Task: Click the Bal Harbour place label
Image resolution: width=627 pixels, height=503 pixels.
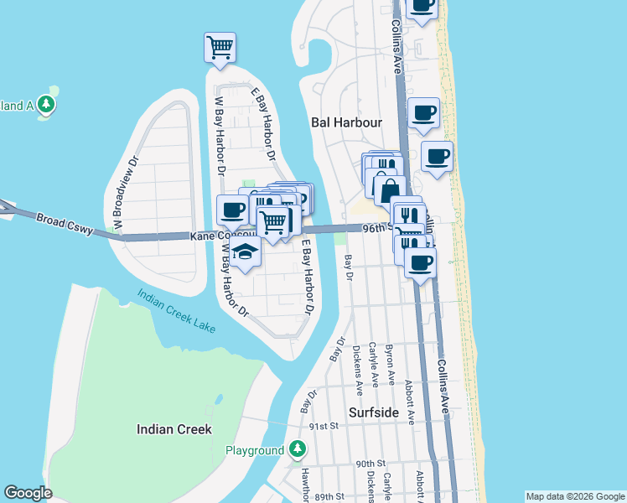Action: pyautogui.click(x=346, y=122)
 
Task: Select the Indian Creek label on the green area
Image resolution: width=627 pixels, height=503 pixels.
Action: pyautogui.click(x=174, y=429)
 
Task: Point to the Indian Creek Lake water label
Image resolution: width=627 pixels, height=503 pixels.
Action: pyautogui.click(x=175, y=311)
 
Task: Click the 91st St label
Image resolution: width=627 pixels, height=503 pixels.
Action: pyautogui.click(x=322, y=426)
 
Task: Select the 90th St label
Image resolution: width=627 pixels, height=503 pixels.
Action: pyautogui.click(x=370, y=464)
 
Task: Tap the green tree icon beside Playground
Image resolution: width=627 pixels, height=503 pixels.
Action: pyautogui.click(x=297, y=450)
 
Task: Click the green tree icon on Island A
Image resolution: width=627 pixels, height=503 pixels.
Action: pyautogui.click(x=47, y=106)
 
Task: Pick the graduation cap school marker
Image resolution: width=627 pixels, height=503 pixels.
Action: pyautogui.click(x=244, y=252)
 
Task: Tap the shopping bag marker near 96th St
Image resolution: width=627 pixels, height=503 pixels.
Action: pyautogui.click(x=389, y=190)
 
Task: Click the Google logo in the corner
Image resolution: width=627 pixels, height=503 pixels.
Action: pyautogui.click(x=28, y=493)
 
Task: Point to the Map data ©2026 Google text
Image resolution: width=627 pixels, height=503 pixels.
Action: pyautogui.click(x=574, y=496)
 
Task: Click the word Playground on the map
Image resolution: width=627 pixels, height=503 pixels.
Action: pyautogui.click(x=255, y=451)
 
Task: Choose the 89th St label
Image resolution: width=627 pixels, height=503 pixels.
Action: pyautogui.click(x=331, y=497)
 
